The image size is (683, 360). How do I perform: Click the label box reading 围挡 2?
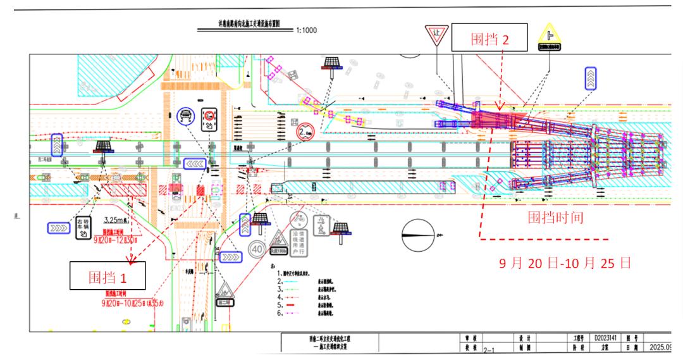point(489,39)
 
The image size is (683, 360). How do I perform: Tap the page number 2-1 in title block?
point(488,349)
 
